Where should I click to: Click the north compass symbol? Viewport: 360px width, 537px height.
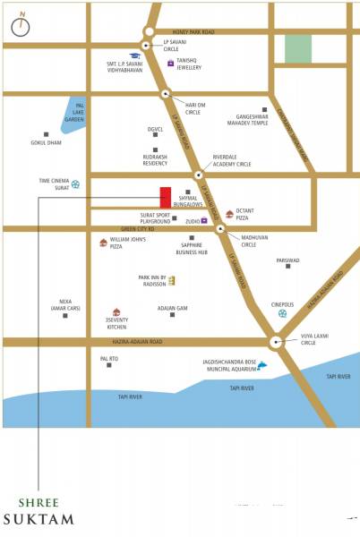20,26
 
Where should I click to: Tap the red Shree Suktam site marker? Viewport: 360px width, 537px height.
166,197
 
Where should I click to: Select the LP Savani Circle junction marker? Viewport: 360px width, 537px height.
145,46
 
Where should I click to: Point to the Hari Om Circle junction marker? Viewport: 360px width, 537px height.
165,93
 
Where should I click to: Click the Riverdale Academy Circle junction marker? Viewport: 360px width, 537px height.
198,175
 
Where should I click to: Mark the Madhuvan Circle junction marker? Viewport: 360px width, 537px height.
220,229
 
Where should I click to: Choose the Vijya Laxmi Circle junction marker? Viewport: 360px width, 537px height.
275,341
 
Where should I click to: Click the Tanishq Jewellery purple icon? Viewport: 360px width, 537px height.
170,63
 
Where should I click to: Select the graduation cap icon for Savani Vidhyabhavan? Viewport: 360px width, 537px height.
134,55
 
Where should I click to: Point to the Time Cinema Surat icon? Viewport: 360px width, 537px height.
75,184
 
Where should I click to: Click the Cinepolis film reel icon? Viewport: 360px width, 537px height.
283,313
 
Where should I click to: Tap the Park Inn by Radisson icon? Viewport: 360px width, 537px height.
172,281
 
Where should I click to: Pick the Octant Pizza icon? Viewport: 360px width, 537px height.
230,215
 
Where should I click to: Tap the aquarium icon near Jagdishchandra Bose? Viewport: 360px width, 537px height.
262,365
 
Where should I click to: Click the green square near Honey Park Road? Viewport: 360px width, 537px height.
297,49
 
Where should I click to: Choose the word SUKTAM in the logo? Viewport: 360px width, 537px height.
38,518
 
